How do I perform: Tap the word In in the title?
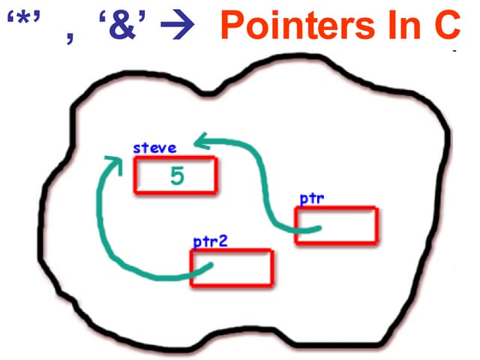403,25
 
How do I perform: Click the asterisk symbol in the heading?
23,19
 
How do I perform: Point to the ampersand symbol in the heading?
122,25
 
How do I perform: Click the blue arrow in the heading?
178,25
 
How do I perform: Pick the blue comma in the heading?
70,38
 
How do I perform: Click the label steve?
155,148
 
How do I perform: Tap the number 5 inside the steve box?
177,175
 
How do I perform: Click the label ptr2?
210,241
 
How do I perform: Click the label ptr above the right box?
312,199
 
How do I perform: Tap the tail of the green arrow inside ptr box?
319,228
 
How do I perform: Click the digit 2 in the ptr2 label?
223,241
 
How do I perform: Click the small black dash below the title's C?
455,50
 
